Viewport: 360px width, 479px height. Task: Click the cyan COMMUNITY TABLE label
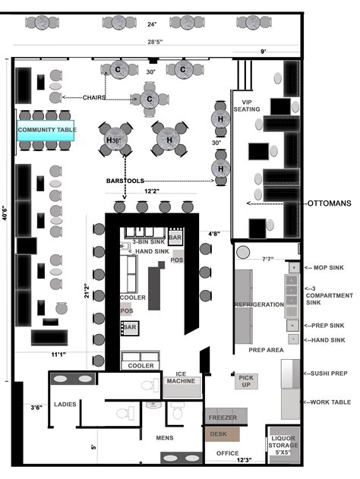pos(46,130)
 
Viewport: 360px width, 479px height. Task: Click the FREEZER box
pos(222,418)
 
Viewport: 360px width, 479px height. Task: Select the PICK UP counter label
pos(246,381)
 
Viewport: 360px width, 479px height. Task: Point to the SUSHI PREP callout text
pos(328,373)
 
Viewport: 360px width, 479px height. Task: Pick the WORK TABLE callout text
pos(328,402)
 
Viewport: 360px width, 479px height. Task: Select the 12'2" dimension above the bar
pos(153,192)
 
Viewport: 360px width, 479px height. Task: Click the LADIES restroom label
pos(65,405)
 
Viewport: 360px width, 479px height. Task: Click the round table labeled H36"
pos(115,140)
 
